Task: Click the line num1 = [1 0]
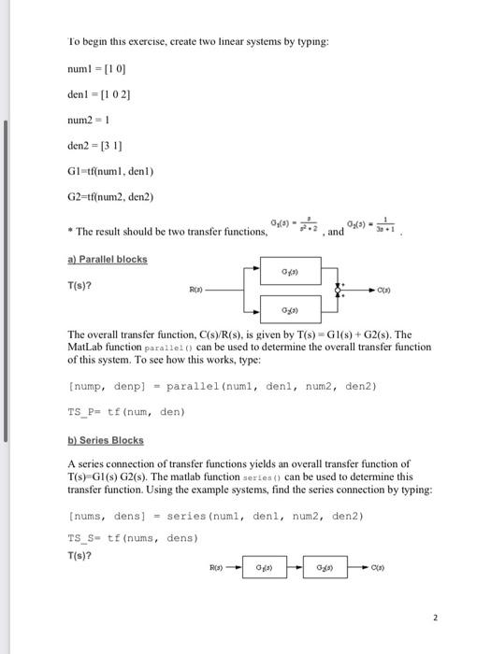pyautogui.click(x=94, y=68)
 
